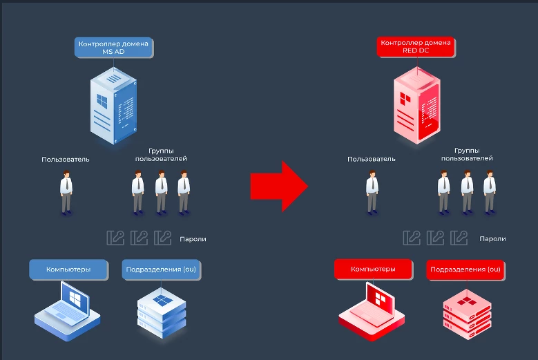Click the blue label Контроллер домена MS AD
[x=113, y=47]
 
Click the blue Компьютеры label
[x=68, y=269]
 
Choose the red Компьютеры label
[x=373, y=269]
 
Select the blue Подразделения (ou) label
[x=162, y=269]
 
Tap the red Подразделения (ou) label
[x=465, y=269]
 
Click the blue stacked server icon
[x=162, y=311]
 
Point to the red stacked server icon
[x=466, y=311]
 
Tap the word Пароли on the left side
[x=193, y=239]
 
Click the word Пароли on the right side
[x=492, y=239]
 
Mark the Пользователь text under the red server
[x=372, y=159]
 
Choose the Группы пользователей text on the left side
[x=168, y=155]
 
